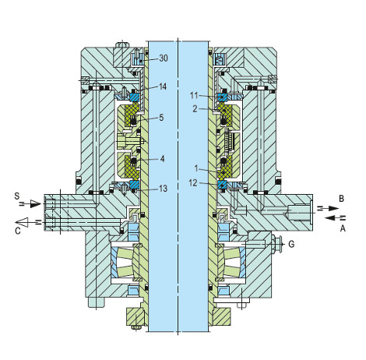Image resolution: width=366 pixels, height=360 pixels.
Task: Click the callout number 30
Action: coord(164,58)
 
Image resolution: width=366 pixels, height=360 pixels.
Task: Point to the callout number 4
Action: coord(161,159)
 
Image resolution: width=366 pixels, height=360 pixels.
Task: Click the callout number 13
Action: coord(164,188)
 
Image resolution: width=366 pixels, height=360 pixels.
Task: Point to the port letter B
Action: coord(342,199)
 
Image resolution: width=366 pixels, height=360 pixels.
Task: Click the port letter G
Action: coord(291,244)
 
